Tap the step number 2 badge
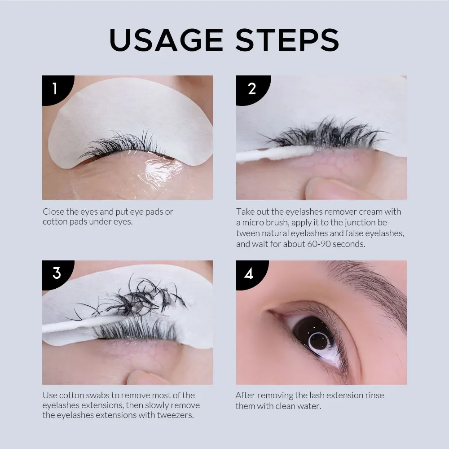click(x=251, y=88)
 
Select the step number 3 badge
click(x=57, y=273)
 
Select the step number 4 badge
click(x=250, y=273)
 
